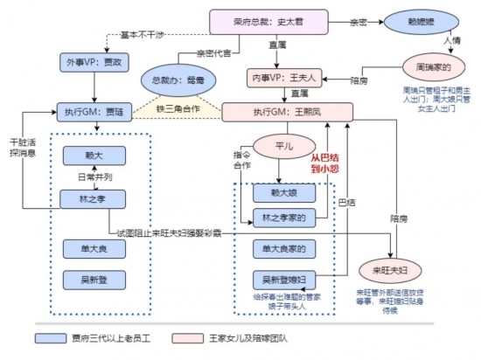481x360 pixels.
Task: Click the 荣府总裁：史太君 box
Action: point(261,21)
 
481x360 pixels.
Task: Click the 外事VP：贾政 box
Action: point(91,63)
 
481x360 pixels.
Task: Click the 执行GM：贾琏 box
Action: point(92,112)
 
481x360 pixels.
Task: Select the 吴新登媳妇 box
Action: point(283,280)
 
